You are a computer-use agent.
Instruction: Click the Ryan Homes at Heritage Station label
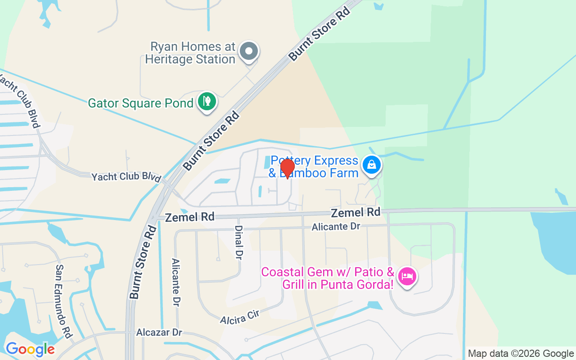(x=193, y=53)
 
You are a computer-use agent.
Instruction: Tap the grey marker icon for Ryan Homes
(x=248, y=51)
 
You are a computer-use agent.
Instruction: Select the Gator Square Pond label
(x=140, y=103)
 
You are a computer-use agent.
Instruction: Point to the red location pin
(x=287, y=168)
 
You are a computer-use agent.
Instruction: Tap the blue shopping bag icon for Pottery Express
(x=372, y=165)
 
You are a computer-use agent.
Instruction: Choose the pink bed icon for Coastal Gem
(x=407, y=276)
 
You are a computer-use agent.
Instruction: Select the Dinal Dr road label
(x=238, y=243)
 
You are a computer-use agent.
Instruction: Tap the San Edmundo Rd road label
(x=64, y=301)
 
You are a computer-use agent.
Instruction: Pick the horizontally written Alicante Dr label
(x=336, y=226)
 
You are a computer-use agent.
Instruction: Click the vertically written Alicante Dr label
(x=176, y=283)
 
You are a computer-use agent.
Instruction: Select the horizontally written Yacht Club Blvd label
(x=126, y=177)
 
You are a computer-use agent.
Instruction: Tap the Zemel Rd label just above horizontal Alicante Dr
(x=355, y=212)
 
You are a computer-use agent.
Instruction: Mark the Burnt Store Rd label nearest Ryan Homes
(x=319, y=34)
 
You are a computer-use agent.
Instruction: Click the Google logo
(x=30, y=349)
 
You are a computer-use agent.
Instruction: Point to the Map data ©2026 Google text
(x=521, y=353)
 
